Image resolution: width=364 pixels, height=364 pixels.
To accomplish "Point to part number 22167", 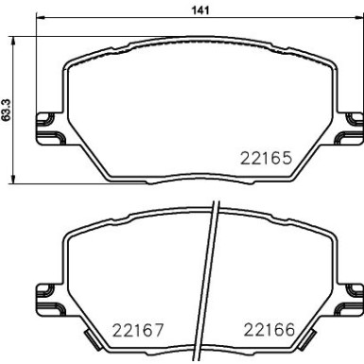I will [x=138, y=330].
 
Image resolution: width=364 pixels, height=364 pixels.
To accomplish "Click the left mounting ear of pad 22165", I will [x=43, y=124].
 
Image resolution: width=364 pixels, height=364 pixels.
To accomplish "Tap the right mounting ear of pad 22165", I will [x=352, y=124].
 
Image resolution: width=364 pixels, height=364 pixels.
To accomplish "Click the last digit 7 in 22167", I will [x=161, y=330].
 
